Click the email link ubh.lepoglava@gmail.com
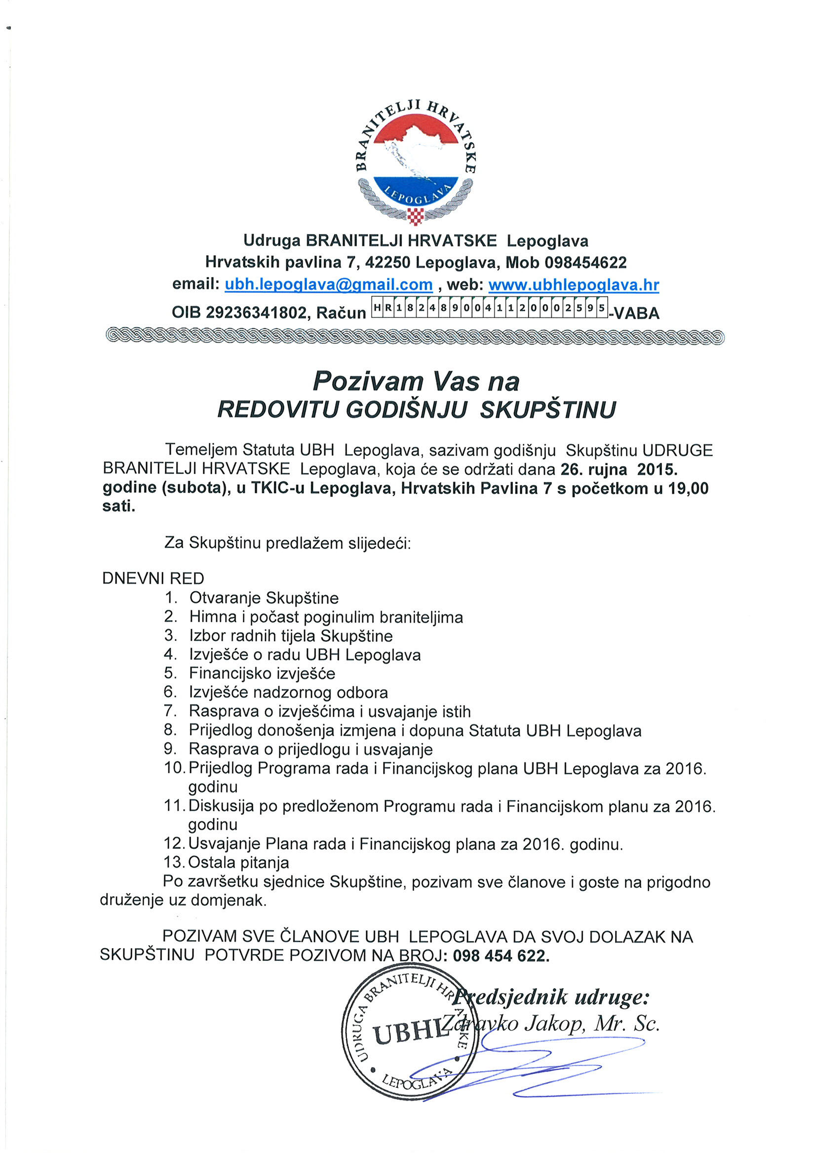[x=328, y=285]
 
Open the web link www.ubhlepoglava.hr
[x=574, y=285]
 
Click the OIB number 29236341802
[x=256, y=313]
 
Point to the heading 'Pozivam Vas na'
[x=416, y=381]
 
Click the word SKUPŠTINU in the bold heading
[x=547, y=410]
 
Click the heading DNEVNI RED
[x=153, y=579]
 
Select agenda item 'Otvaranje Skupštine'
[x=264, y=598]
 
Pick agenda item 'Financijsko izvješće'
[x=262, y=673]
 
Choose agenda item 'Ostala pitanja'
[x=238, y=862]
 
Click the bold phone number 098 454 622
[x=501, y=955]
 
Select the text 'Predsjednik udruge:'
[x=552, y=997]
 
